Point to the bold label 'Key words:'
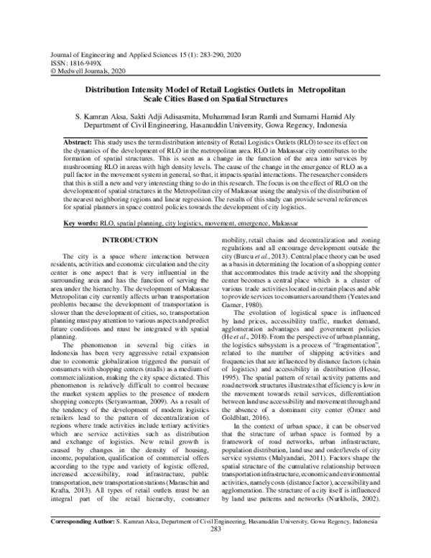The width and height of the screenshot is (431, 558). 82,224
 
